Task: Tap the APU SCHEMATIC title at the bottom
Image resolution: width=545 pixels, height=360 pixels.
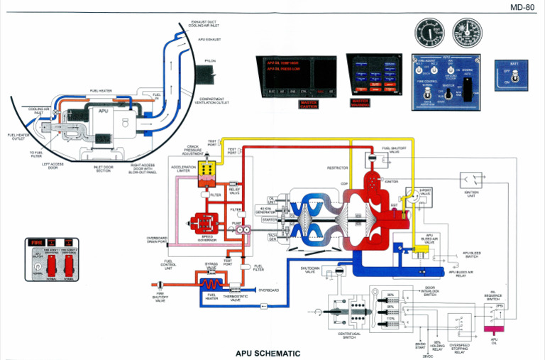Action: click(x=268, y=353)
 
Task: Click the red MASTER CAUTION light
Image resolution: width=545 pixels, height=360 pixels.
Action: click(x=309, y=104)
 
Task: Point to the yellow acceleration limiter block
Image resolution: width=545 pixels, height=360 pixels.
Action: click(x=209, y=170)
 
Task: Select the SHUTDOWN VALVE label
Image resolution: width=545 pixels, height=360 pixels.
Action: click(x=309, y=270)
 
